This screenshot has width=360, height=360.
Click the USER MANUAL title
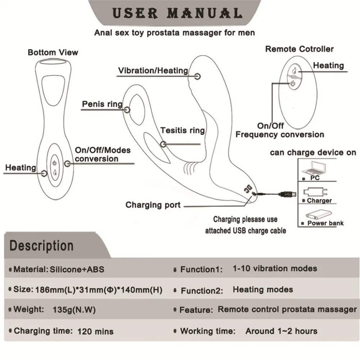[177, 13]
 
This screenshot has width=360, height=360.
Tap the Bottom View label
[53, 52]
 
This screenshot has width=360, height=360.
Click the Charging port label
[153, 205]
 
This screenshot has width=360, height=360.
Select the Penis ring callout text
[102, 104]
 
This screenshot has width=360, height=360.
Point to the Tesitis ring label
[183, 130]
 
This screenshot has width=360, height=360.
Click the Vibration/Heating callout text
[153, 71]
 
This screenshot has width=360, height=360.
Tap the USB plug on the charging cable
[287, 194]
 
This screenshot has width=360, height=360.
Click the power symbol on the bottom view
[54, 163]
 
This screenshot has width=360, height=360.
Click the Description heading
[41, 246]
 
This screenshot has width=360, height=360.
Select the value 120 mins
[95, 331]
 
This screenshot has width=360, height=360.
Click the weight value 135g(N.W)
[74, 310]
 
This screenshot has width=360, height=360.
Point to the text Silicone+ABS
[77, 269]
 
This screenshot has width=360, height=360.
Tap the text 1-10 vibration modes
[275, 269]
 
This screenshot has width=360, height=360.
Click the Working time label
[208, 331]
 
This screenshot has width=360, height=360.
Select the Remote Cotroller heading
[300, 49]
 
